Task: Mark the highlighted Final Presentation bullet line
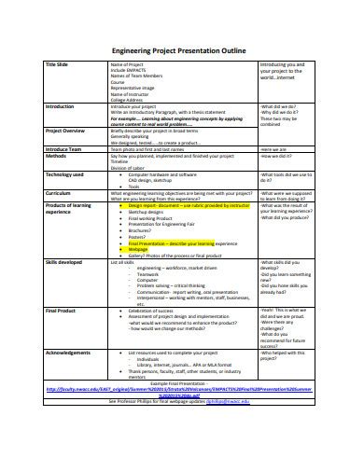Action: coord(183,242)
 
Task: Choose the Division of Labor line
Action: coord(133,168)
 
